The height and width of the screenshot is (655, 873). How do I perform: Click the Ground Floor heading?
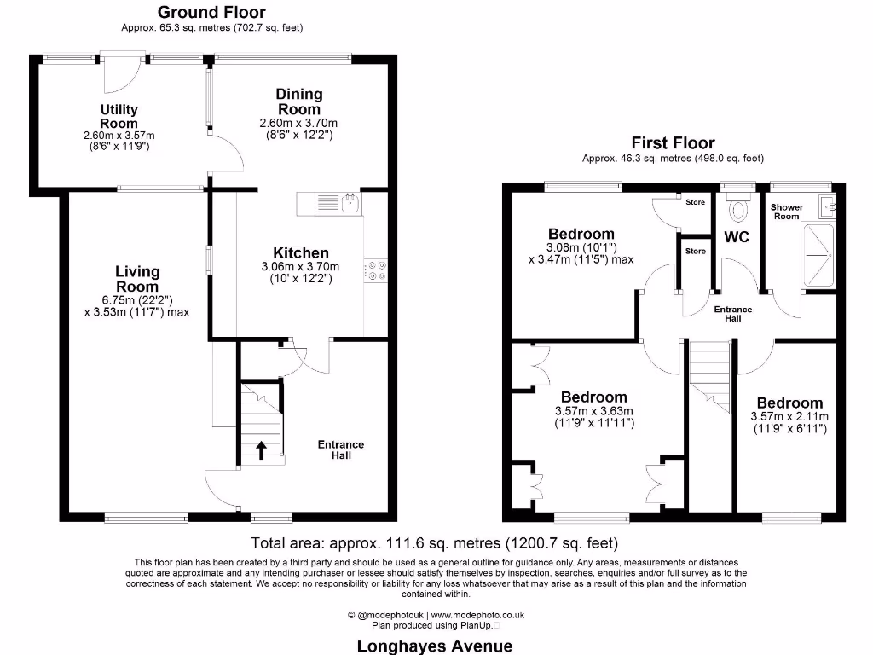[211, 13]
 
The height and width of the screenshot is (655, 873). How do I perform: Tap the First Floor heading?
[673, 143]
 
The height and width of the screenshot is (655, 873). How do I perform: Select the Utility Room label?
[119, 116]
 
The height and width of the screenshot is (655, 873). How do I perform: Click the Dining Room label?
[298, 101]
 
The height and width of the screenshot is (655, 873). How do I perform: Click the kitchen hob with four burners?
[375, 270]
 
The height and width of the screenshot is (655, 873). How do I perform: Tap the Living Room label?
[137, 279]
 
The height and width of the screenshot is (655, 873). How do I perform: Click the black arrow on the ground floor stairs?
[261, 449]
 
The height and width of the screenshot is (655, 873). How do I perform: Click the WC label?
[737, 236]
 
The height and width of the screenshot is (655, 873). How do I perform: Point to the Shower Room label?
[786, 212]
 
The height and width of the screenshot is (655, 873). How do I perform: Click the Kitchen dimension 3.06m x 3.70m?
[300, 273]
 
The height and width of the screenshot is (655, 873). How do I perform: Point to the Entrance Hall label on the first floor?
[732, 314]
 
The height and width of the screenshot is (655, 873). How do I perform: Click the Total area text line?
[435, 542]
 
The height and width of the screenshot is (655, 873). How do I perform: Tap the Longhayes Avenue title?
[435, 646]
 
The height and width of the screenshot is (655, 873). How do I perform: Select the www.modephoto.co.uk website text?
[477, 614]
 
